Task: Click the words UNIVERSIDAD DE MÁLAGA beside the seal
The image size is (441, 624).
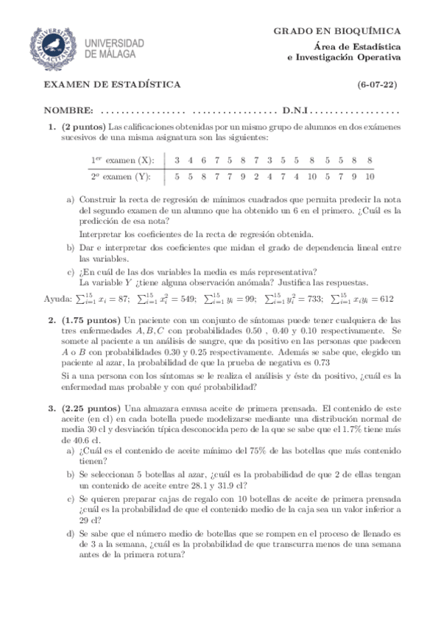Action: (113, 48)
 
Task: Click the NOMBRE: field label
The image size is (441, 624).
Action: (68, 110)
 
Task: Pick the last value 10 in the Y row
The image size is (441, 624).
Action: (369, 177)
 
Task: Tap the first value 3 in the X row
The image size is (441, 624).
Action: (177, 160)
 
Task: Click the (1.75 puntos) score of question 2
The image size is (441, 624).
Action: (92, 321)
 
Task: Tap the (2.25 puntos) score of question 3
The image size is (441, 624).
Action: (92, 408)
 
